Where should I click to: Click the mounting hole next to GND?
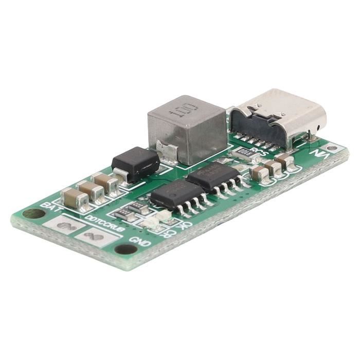click(125, 250)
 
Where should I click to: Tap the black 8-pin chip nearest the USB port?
click(212, 175)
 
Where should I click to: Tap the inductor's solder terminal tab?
click(168, 152)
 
